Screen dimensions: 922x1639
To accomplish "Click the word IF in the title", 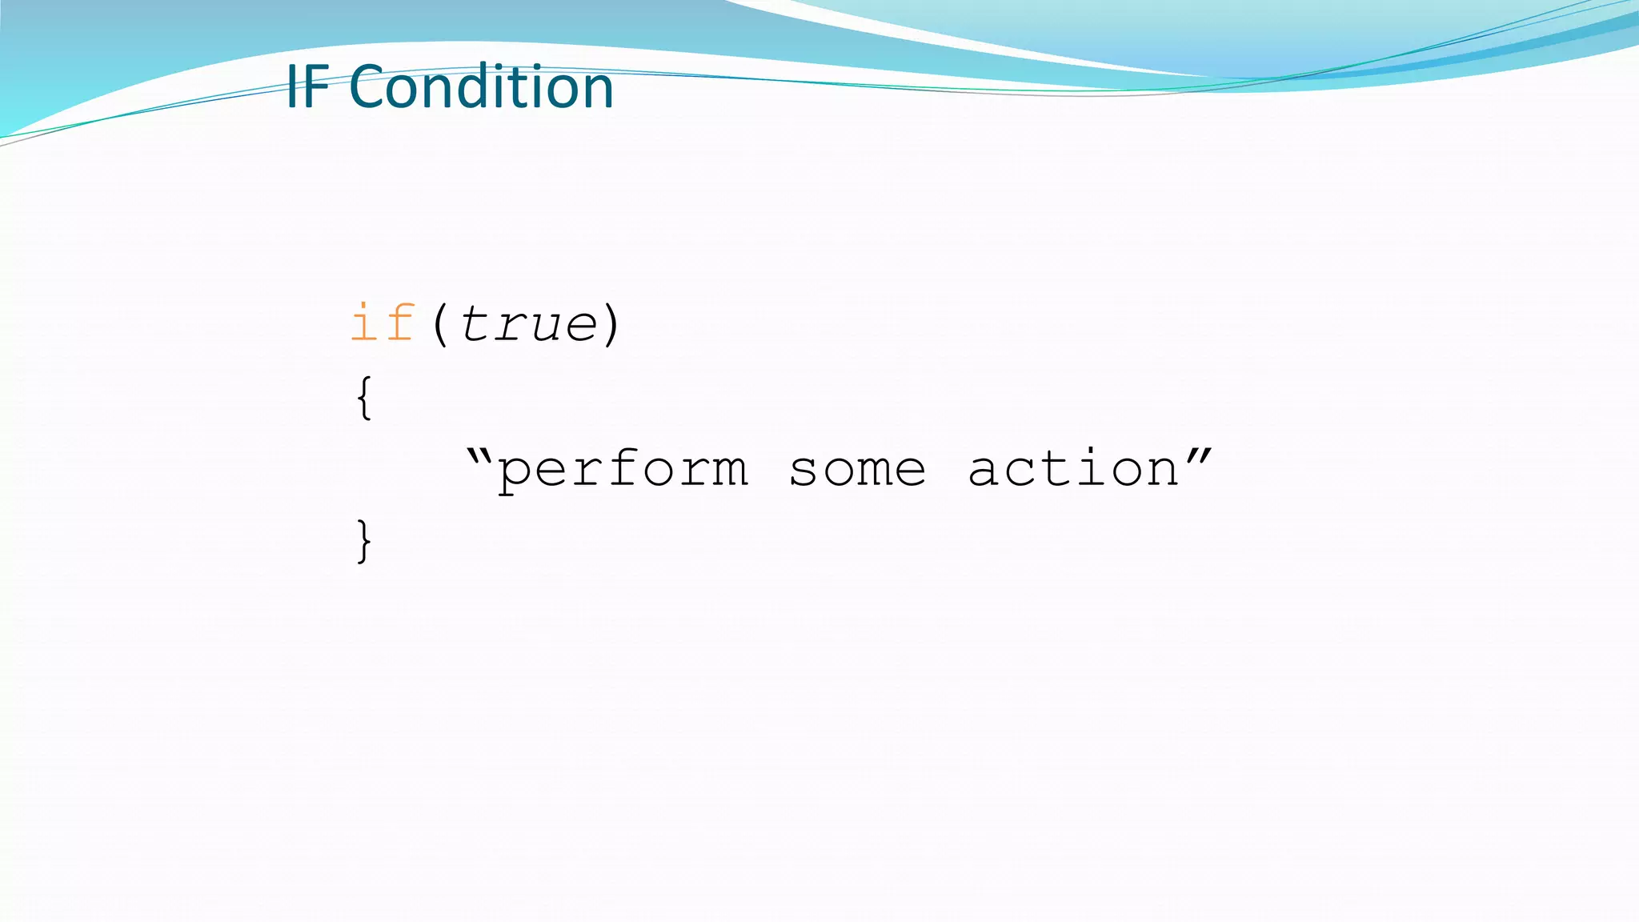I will [x=307, y=87].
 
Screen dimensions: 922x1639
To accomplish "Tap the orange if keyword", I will [x=383, y=324].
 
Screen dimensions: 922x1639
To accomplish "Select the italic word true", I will [x=528, y=324].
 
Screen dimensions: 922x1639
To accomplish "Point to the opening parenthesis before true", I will [x=440, y=324].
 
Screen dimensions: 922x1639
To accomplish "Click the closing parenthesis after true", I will [x=611, y=324].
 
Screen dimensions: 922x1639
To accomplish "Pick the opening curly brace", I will [x=364, y=398].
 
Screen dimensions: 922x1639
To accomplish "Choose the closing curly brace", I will [x=364, y=542].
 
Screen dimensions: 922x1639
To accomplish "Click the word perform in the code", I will [x=623, y=470].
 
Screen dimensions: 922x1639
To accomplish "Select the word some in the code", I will [x=857, y=470].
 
